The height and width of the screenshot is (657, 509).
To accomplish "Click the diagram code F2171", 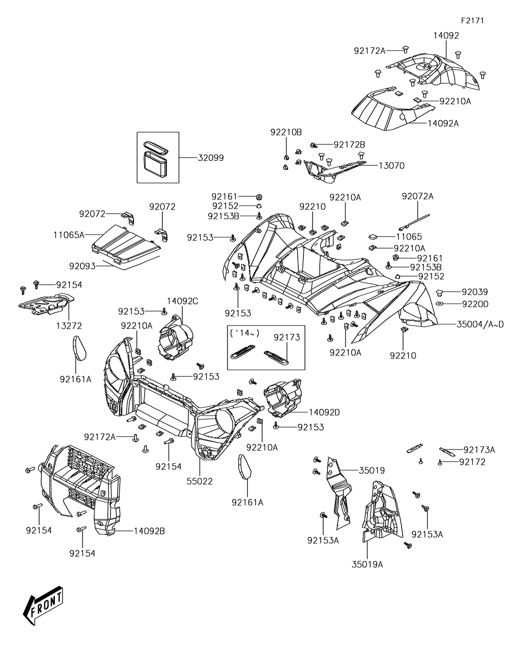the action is coord(472,20).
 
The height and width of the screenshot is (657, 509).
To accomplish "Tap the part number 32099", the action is coord(211,158).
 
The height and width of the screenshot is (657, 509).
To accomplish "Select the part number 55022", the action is coord(200,481).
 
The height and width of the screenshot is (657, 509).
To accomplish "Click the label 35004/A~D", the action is coord(480,324).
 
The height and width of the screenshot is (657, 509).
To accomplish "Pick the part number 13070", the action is coord(391,166).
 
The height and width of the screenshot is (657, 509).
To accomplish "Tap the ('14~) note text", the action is coord(245,333).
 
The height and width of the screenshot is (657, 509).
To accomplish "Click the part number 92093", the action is coord(82,266).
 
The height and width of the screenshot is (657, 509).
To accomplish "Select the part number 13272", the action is coord(69,326).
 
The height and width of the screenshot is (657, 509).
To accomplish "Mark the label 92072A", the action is coord(417,196).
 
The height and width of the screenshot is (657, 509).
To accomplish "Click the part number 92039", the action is coord(475,292).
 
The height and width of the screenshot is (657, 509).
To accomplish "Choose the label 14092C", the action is coord(183,301).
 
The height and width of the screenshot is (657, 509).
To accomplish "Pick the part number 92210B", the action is coord(286,132).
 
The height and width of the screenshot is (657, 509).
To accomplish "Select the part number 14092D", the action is coord(324,412).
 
